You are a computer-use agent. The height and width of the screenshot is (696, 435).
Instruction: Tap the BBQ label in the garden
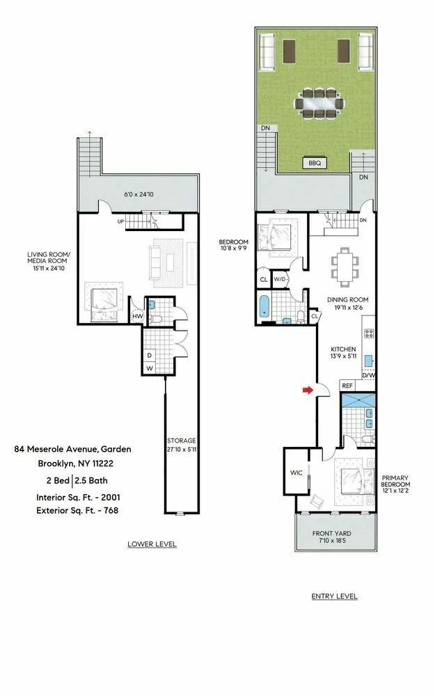[314, 163]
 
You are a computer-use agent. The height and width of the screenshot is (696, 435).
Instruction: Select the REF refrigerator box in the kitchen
[347, 385]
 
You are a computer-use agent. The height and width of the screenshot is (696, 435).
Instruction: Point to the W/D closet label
[281, 279]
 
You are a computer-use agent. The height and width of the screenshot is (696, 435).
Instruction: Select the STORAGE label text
[181, 441]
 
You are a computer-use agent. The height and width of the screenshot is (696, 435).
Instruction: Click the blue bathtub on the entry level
[264, 306]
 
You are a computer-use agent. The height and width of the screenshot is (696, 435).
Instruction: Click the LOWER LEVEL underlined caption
[152, 544]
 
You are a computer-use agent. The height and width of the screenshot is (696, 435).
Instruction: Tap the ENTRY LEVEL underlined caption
[333, 596]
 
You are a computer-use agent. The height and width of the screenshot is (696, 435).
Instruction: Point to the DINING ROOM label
[347, 300]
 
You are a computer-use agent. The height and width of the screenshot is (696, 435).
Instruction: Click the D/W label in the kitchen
[367, 374]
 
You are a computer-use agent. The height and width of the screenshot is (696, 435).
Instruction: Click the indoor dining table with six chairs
[345, 266]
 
